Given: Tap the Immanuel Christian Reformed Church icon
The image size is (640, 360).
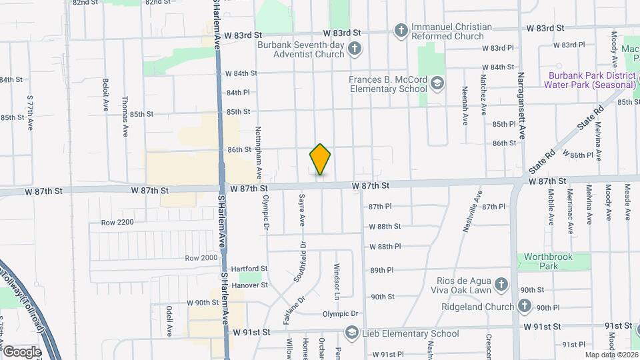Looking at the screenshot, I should (401, 30).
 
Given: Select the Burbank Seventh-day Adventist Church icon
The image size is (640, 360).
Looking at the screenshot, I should (355, 48).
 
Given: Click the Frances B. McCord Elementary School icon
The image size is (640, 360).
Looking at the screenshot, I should (437, 83).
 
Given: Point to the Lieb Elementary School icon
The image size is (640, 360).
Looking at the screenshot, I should (351, 333).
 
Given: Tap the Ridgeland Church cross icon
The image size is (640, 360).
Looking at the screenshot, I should (525, 306).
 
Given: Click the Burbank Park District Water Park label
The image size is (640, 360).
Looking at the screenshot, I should (589, 80).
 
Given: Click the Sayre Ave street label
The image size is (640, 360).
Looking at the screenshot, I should (302, 211).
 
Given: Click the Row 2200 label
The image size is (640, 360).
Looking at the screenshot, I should (117, 222).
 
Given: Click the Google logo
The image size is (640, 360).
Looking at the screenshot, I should (21, 351).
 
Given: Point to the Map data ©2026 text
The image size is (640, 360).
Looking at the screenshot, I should (611, 355).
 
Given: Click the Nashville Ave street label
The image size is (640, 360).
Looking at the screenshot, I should (472, 211).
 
